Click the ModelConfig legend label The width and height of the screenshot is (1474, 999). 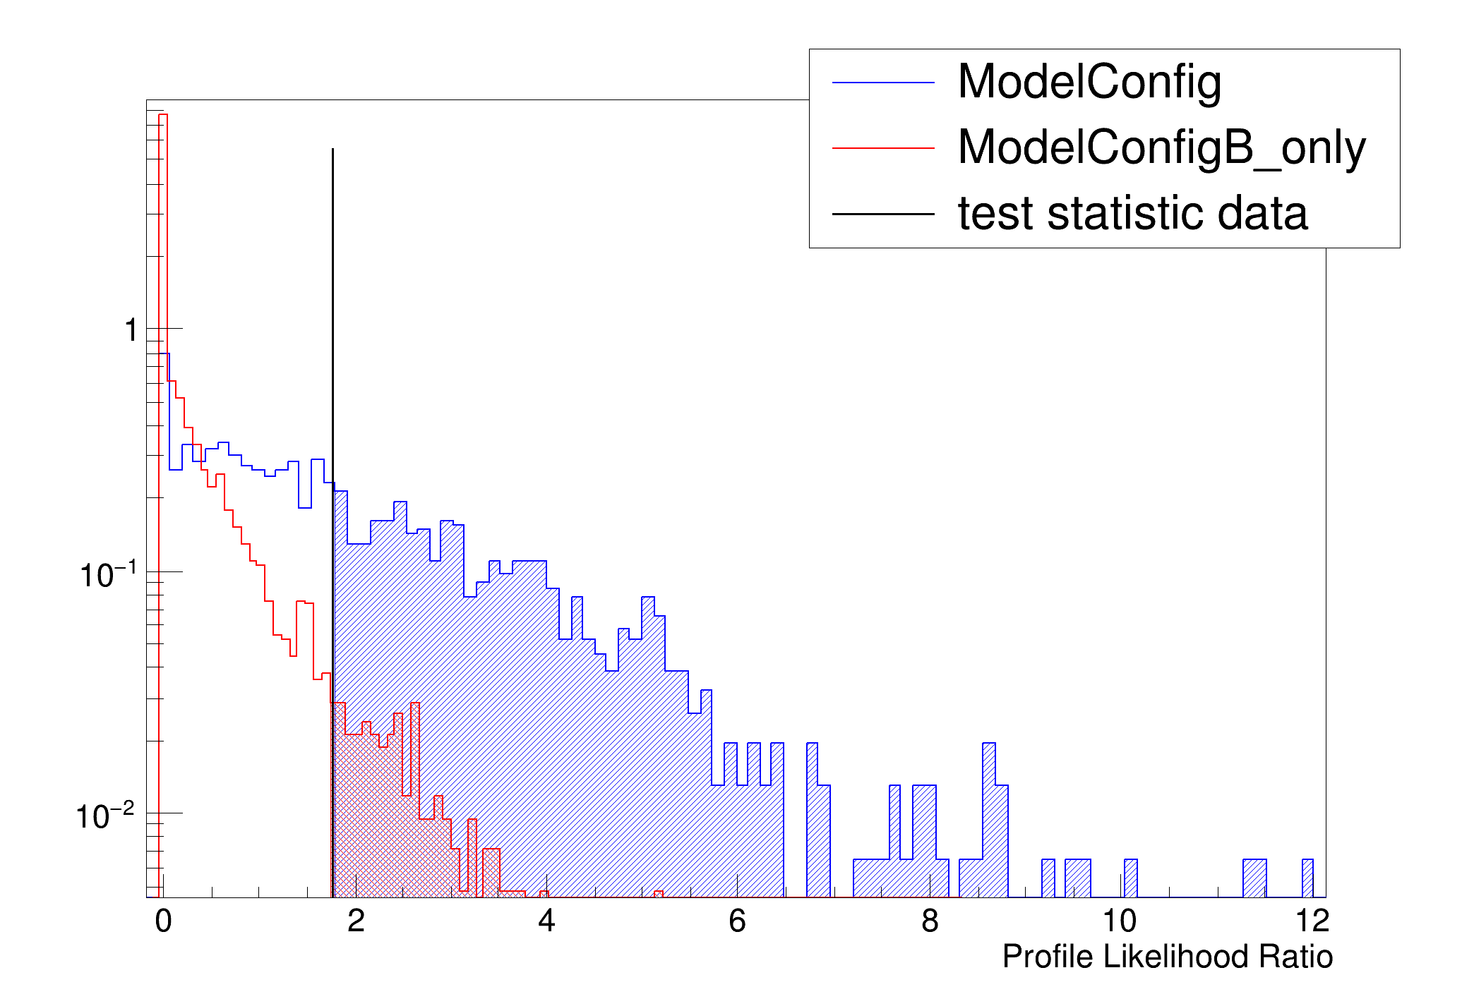(1089, 83)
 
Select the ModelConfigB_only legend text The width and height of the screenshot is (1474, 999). (1161, 148)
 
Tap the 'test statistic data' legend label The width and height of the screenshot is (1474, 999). (1132, 213)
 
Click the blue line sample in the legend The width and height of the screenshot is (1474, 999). (883, 83)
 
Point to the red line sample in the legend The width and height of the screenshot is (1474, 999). (883, 148)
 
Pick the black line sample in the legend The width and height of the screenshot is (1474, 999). (883, 214)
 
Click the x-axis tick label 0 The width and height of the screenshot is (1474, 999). (163, 921)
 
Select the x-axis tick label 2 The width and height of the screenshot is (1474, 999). (356, 921)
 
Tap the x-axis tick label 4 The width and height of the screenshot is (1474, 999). (546, 921)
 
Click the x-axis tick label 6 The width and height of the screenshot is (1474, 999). (737, 921)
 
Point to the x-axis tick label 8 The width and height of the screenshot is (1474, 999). (930, 921)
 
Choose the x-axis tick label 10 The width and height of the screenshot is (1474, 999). (1120, 921)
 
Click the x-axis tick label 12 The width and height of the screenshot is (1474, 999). (1312, 921)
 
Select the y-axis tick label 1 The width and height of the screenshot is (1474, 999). (131, 330)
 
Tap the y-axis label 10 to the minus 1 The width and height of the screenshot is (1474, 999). (107, 575)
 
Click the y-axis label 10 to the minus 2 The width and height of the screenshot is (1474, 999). (104, 816)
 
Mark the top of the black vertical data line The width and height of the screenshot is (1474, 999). (332, 150)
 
